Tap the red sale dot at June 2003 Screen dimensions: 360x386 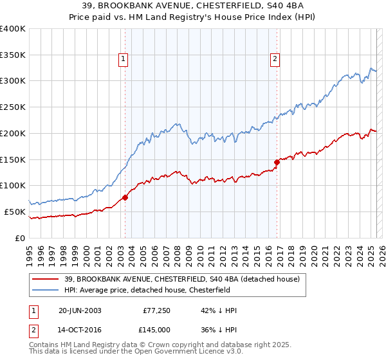[x=125, y=197]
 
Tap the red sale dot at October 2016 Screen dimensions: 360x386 [x=277, y=162]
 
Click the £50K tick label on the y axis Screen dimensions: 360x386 [x=15, y=212]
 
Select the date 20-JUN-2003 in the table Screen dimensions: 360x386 [x=80, y=310]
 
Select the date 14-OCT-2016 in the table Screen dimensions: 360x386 [x=80, y=331]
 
